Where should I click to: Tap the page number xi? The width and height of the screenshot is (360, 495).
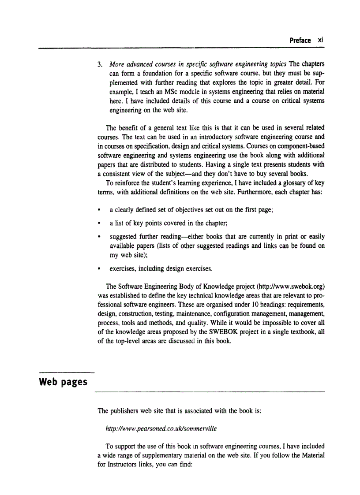coord(321,40)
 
